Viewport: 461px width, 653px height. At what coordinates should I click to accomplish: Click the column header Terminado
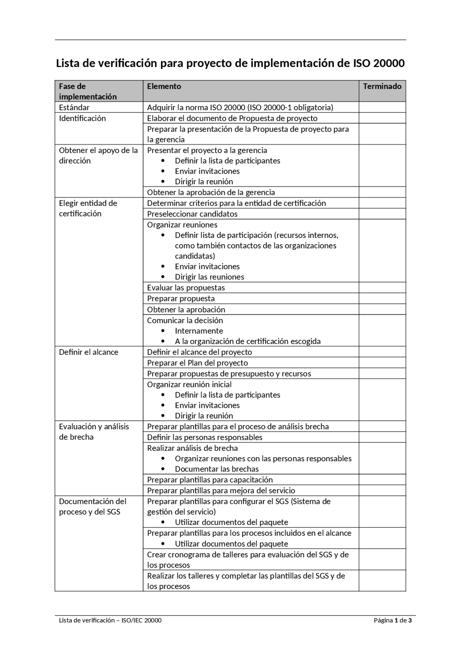pos(382,87)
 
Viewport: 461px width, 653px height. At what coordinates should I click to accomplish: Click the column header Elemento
pos(164,87)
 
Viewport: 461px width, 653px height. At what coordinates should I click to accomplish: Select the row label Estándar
pos(74,107)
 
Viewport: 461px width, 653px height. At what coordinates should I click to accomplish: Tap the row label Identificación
pos(82,118)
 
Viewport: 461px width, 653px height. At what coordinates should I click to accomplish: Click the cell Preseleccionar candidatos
pos(192,214)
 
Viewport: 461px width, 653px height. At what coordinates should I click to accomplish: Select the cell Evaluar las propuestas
pos(186,288)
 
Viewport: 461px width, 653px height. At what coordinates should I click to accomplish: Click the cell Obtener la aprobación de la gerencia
pos(211,192)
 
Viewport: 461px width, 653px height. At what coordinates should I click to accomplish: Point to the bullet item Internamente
pos(199,331)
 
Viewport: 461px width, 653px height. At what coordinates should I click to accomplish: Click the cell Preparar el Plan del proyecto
pos(197,363)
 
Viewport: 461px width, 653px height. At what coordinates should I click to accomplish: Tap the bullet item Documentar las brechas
pos(217,469)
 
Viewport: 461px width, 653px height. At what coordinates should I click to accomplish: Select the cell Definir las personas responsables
pos(205,437)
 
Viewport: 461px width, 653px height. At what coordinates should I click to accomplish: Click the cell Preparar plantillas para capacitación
pos(210,480)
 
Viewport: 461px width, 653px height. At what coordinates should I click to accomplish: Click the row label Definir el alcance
pos(89,352)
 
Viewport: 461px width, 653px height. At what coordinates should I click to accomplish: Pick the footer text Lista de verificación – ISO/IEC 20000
pos(110,620)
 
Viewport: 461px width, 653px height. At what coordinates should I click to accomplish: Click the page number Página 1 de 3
pos(393,620)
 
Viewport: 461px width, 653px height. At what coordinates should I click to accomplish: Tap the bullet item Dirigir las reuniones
pos(209,277)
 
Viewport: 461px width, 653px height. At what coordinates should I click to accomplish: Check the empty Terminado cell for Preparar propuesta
pos(382,299)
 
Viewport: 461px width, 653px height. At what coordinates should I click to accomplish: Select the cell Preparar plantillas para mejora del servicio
pos(221,490)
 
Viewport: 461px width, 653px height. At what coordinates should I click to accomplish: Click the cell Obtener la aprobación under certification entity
pos(186,310)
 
